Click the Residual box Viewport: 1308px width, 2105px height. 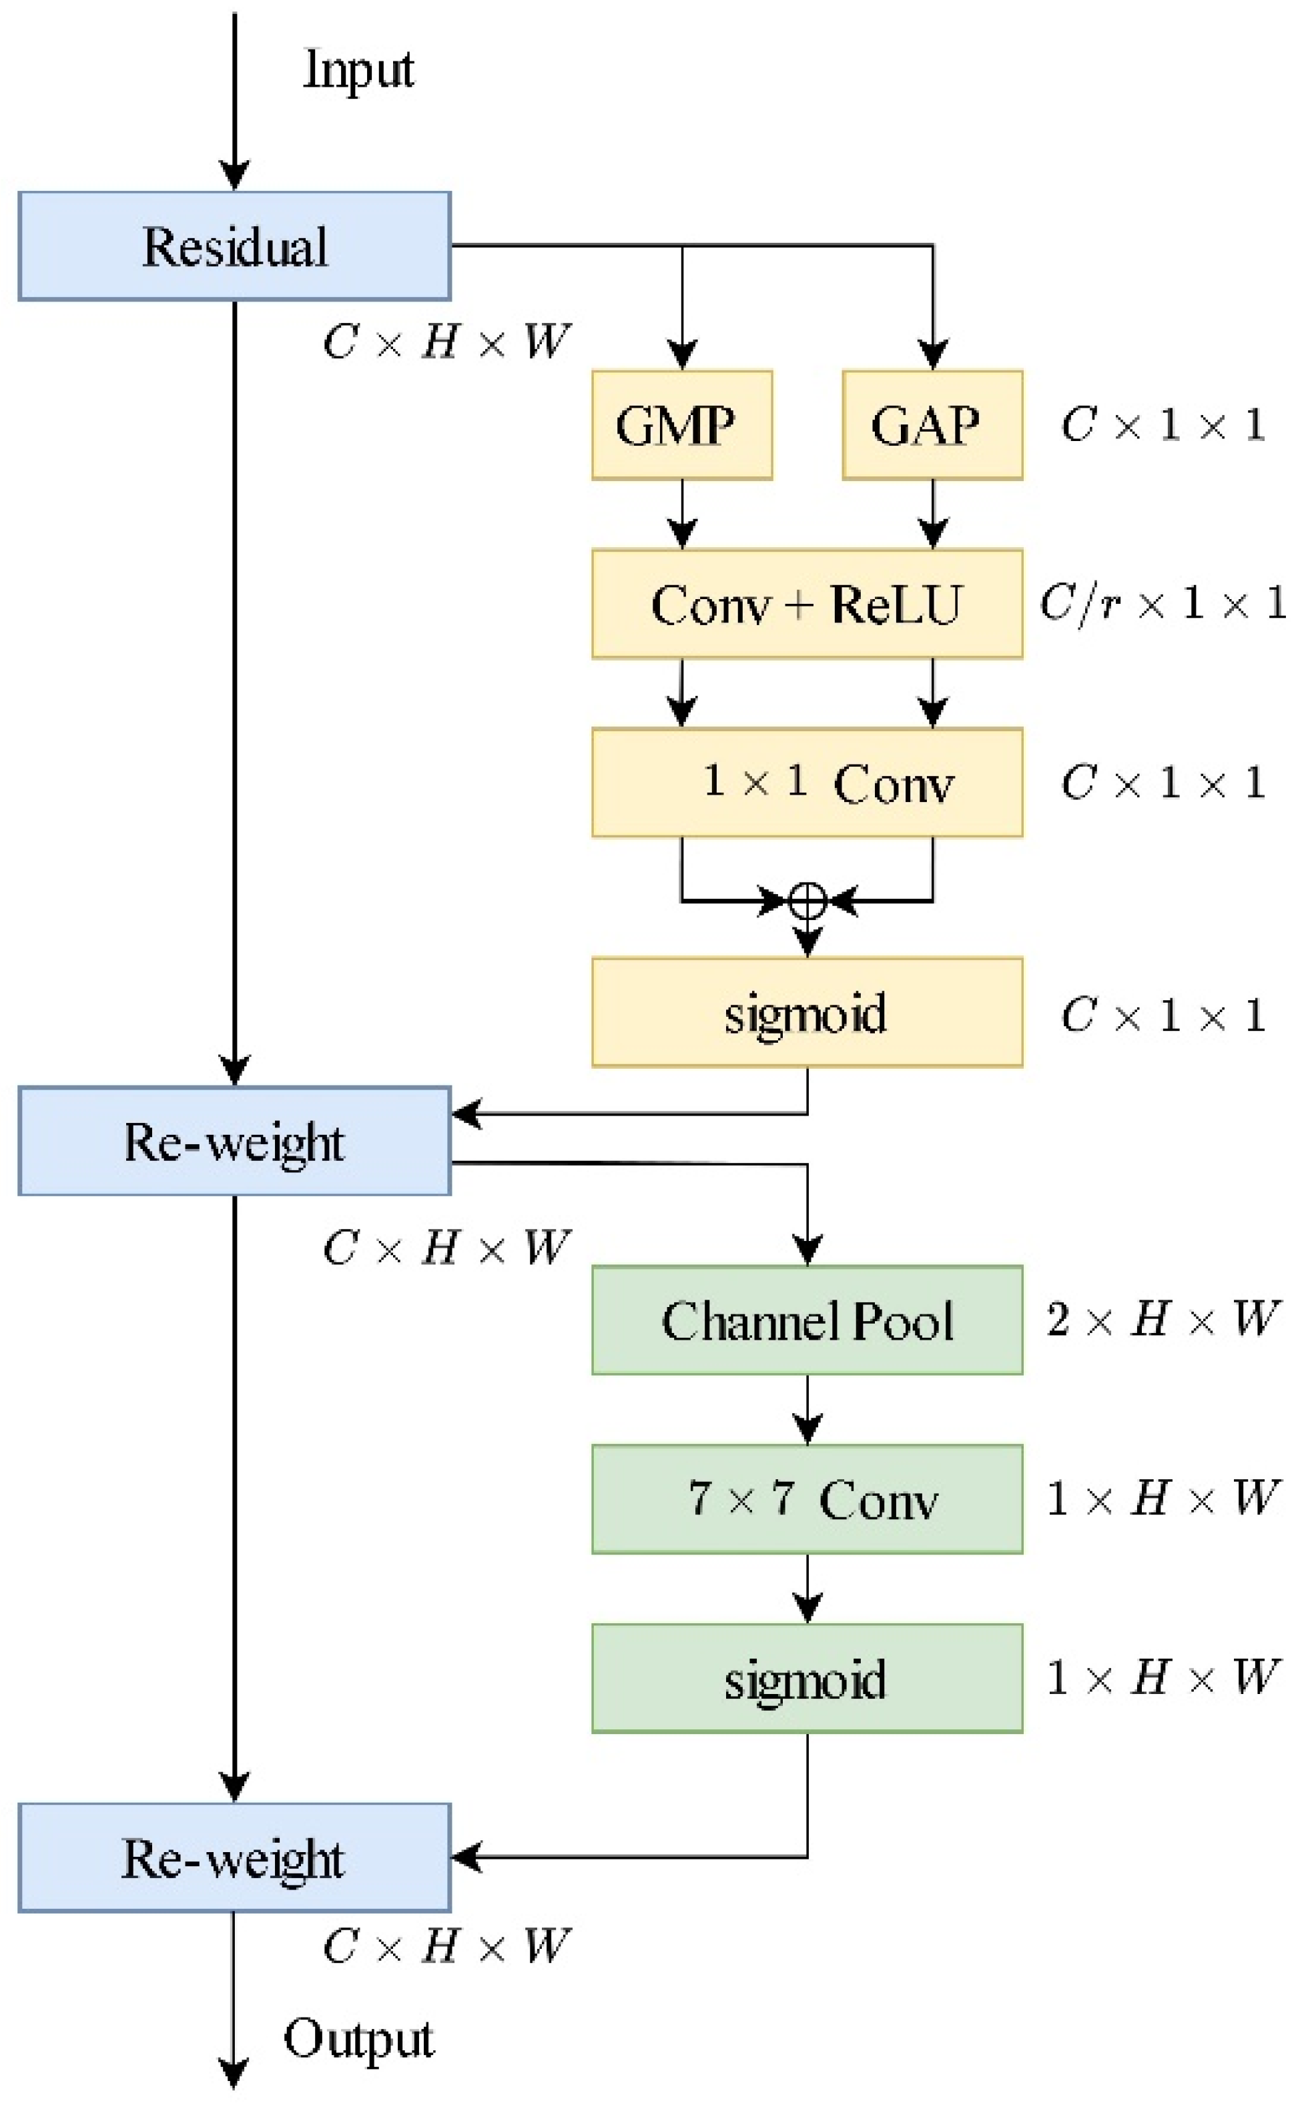(x=234, y=246)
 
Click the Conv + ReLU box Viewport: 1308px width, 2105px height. (x=807, y=604)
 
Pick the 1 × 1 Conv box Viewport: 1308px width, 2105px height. (x=807, y=783)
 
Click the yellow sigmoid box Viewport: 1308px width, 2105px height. (x=807, y=1012)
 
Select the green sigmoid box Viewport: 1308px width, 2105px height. (x=807, y=1678)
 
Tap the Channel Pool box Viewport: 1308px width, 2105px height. (x=807, y=1320)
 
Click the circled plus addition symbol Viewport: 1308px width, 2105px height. (x=807, y=901)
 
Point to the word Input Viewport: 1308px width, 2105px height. (x=359, y=69)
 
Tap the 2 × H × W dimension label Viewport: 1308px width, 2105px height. (x=1162, y=1320)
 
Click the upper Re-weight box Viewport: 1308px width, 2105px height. (x=234, y=1142)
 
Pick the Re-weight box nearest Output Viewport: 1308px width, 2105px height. (x=234, y=1857)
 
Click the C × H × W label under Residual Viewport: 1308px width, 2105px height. (x=446, y=342)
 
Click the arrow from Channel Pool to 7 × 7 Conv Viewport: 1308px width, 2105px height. (x=807, y=1410)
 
